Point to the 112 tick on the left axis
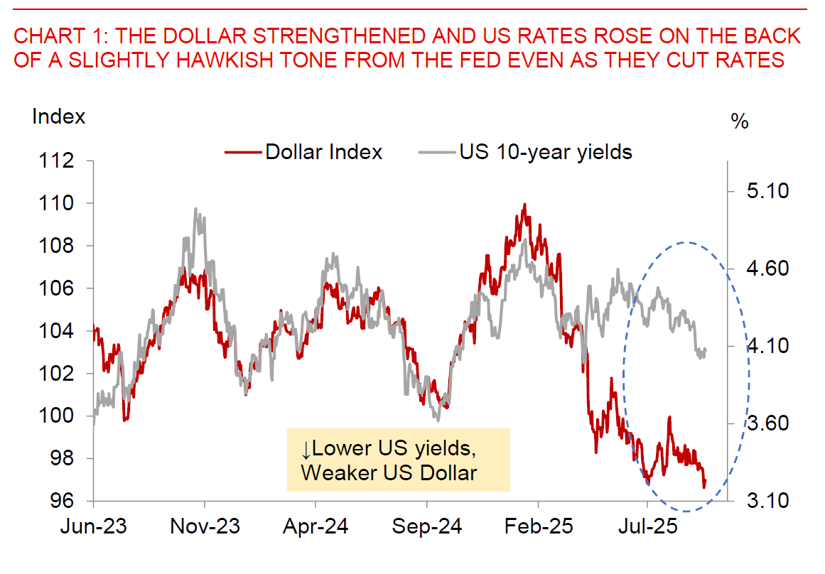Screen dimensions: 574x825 click(60, 161)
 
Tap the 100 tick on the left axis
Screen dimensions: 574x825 click(60, 416)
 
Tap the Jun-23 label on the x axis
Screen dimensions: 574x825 click(93, 527)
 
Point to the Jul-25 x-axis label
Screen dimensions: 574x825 click(647, 527)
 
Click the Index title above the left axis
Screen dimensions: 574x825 click(58, 117)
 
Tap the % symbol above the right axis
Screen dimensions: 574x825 click(740, 121)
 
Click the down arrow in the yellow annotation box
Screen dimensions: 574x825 click(306, 449)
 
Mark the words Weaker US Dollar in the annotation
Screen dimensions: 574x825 click(389, 472)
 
